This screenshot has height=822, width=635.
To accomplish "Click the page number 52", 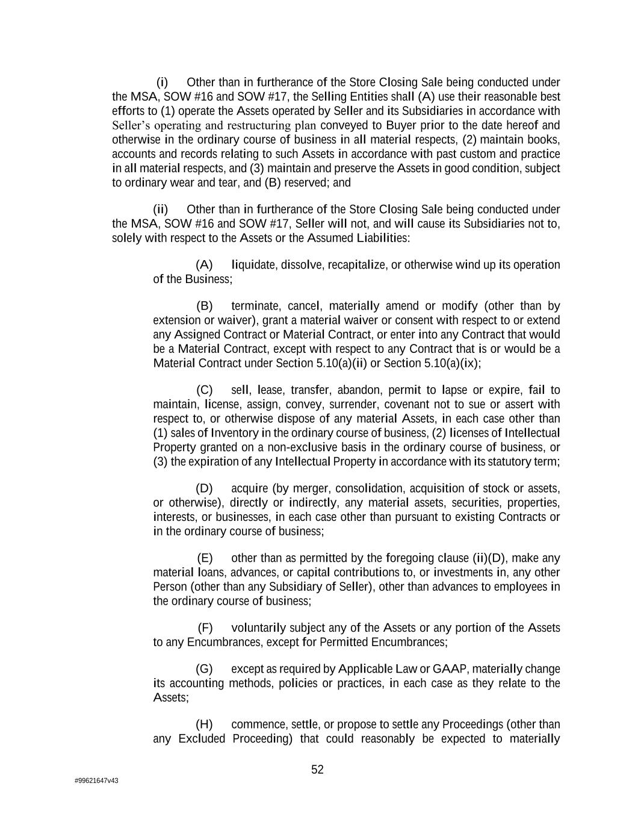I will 317,770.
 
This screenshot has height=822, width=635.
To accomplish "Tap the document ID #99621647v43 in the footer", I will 96,780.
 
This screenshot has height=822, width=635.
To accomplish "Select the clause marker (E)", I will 205,558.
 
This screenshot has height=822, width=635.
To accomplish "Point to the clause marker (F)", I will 205,628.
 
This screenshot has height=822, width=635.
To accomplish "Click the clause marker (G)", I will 205,669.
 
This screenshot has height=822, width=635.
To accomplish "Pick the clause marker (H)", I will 205,724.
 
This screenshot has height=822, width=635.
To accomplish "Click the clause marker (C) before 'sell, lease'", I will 205,390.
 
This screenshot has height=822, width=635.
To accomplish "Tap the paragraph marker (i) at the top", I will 163,83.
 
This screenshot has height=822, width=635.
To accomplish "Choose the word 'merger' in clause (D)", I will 311,488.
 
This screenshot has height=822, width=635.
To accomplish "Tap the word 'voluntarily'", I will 259,628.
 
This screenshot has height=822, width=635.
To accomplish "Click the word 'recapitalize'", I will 358,265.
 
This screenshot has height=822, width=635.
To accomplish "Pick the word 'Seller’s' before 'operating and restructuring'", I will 131,125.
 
